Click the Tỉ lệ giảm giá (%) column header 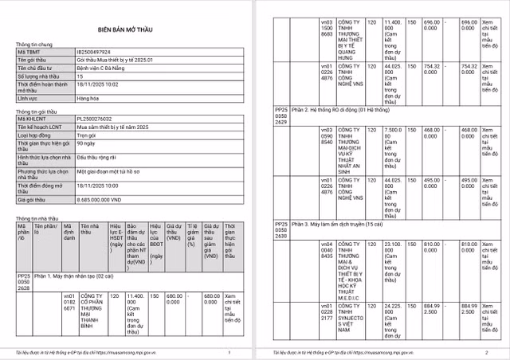coord(191,235)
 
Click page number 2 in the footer coord(486,351)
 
